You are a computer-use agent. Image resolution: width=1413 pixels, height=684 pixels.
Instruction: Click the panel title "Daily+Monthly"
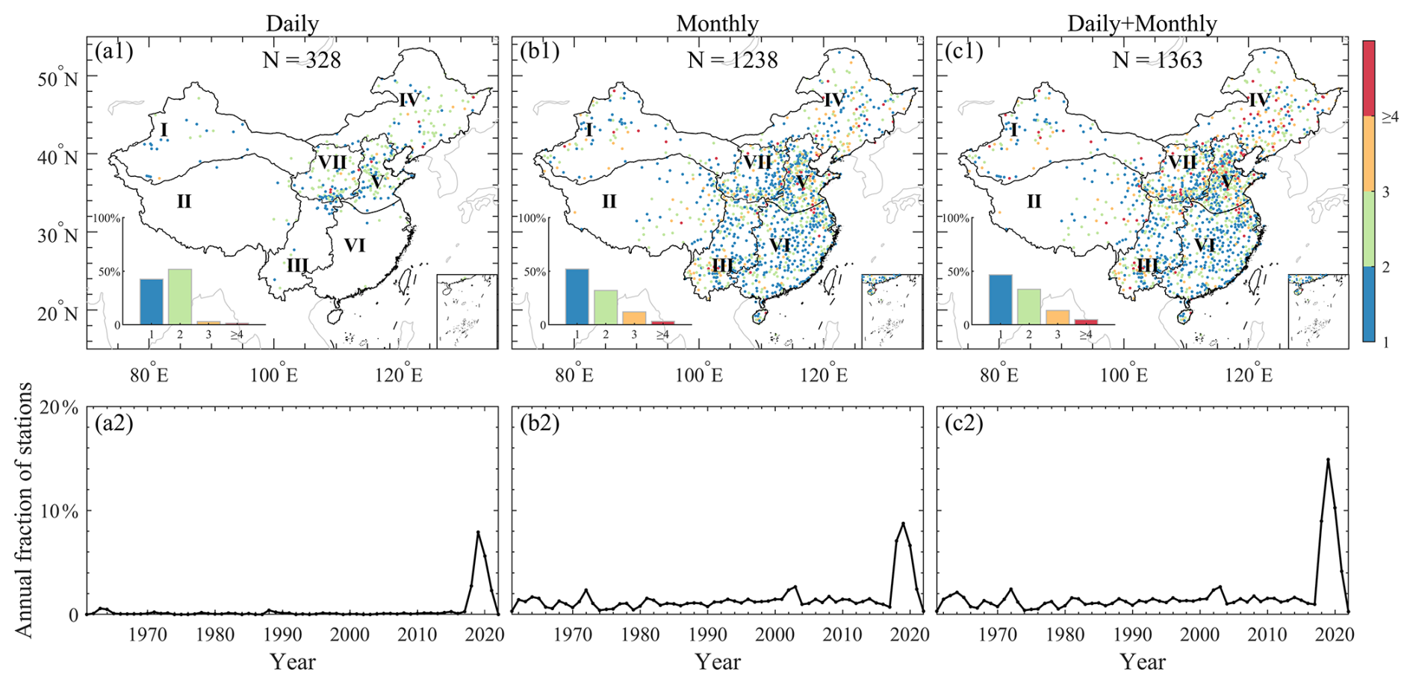coord(1142,23)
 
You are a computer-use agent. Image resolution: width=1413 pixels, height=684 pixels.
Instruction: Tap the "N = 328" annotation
coord(302,60)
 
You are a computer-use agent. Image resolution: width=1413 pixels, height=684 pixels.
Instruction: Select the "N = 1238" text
coord(733,60)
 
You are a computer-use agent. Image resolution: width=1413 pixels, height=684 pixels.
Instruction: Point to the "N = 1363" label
coord(1158,60)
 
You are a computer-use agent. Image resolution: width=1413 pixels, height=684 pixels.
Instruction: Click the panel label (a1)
coord(114,51)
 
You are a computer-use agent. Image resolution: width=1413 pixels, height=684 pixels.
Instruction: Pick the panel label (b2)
coord(539,423)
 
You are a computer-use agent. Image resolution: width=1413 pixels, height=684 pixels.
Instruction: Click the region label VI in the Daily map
coord(354,245)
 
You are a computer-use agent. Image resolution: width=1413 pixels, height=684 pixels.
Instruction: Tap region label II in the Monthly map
coord(609,202)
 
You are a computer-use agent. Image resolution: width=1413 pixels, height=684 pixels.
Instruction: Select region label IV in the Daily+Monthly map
coord(1258,100)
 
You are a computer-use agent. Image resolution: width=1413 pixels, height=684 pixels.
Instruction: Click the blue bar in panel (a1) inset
coord(151,302)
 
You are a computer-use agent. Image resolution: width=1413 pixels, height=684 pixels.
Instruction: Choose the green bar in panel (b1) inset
coord(606,307)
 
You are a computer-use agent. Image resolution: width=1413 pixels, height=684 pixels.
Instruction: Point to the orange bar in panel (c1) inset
coord(1058,317)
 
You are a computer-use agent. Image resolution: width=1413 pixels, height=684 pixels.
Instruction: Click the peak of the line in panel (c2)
coord(1328,459)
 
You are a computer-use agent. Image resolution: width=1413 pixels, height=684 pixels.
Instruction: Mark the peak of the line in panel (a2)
coord(478,532)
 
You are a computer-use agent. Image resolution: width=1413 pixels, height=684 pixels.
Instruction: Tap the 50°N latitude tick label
coord(58,78)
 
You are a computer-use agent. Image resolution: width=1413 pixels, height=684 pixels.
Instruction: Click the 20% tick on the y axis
coord(58,408)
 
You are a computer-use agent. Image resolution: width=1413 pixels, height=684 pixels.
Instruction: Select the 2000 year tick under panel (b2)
coord(774,635)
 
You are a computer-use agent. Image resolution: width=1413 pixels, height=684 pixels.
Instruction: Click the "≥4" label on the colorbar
coord(1389,116)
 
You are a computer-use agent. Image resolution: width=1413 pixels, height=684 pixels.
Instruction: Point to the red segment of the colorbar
coord(1369,78)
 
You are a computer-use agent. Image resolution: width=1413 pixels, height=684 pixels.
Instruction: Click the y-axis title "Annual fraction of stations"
coord(24,509)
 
